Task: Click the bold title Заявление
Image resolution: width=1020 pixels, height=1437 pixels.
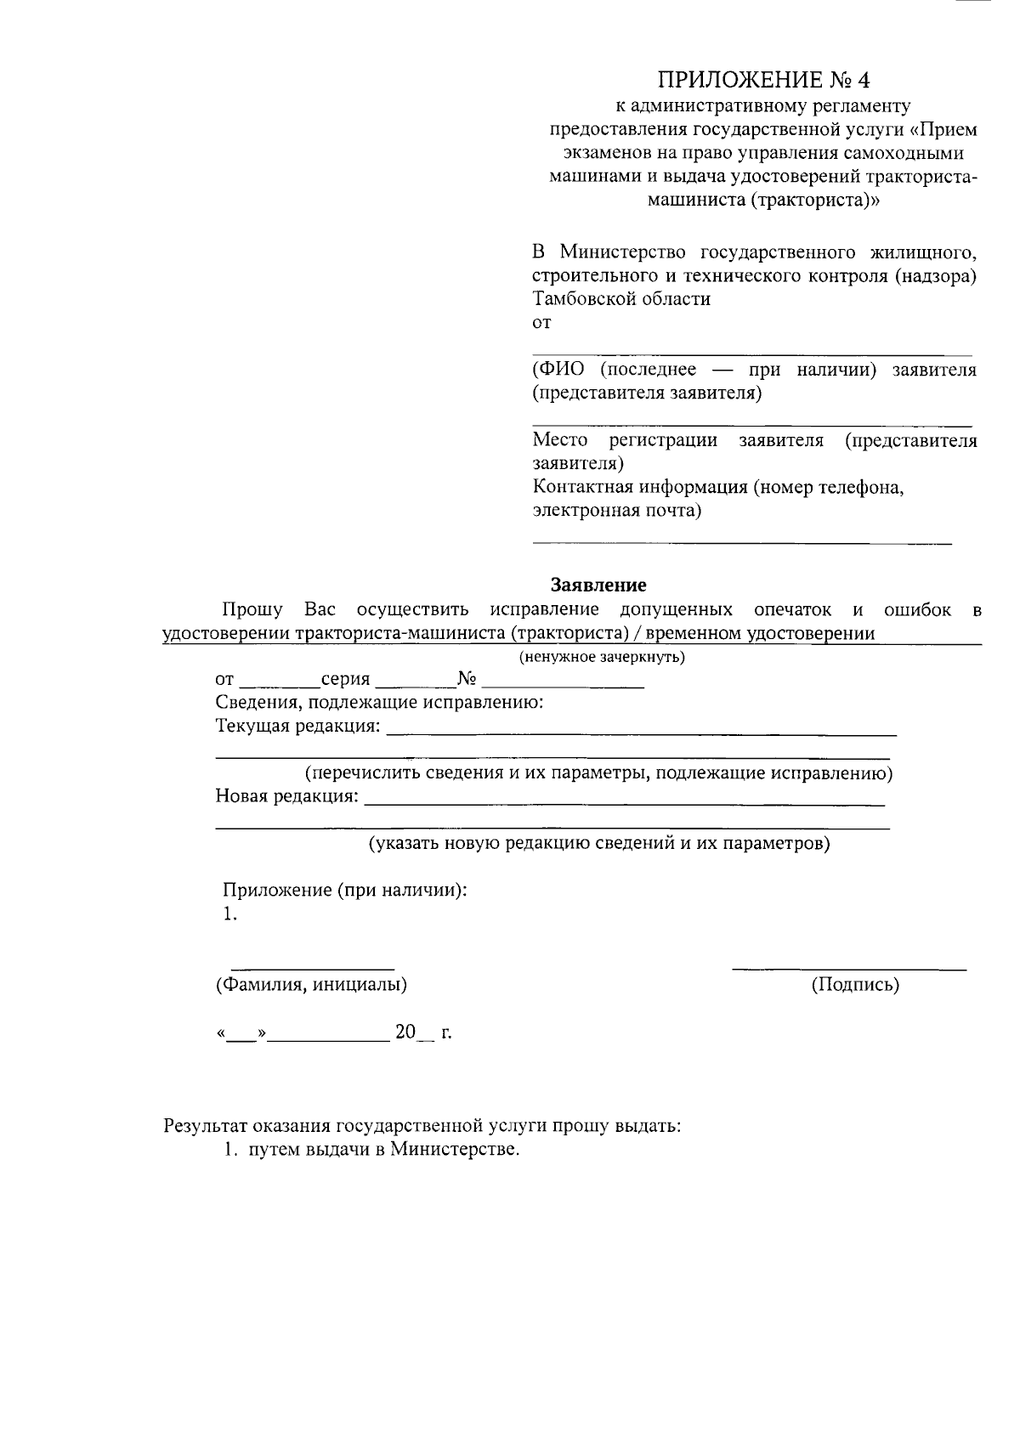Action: click(x=598, y=585)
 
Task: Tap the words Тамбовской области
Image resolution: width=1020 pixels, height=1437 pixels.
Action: click(x=620, y=298)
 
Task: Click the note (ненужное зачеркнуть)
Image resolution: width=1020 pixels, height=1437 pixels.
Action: click(x=602, y=657)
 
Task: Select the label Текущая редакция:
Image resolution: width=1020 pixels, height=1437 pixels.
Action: click(x=298, y=727)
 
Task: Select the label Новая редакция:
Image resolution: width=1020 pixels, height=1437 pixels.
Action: click(x=287, y=796)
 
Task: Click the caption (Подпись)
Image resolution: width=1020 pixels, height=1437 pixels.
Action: click(x=854, y=985)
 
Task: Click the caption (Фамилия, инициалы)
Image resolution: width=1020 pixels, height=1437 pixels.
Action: click(x=311, y=985)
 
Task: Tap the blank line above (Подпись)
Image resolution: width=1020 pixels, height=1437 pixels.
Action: click(x=848, y=967)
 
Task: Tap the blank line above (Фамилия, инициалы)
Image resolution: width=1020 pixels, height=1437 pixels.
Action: click(x=312, y=967)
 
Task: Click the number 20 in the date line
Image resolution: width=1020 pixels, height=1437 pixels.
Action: click(x=405, y=1032)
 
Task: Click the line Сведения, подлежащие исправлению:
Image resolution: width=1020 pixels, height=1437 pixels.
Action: click(x=379, y=703)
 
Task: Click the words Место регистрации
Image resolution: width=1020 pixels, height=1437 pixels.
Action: click(x=624, y=440)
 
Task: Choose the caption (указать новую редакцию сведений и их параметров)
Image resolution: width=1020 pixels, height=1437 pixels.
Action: click(x=598, y=844)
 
